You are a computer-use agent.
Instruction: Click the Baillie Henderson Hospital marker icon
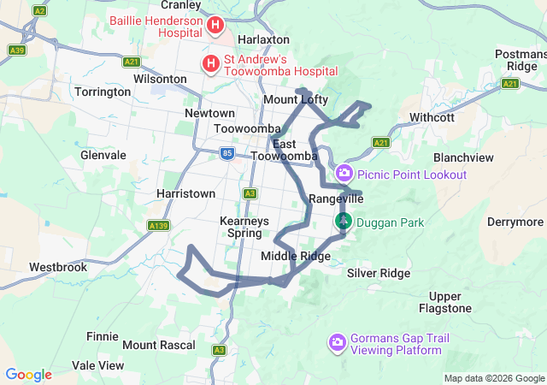(216, 26)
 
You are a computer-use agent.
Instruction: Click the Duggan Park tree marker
(343, 222)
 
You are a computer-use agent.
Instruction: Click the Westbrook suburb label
(58, 267)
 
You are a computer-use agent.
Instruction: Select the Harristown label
(185, 194)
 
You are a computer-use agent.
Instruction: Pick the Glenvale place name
(103, 156)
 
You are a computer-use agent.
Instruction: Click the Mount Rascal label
(159, 346)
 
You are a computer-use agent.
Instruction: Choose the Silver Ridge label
(379, 273)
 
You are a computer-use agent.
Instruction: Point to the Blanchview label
(463, 158)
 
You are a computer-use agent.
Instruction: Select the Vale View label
(98, 365)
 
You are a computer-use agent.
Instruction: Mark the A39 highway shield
(16, 50)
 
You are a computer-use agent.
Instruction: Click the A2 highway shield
(39, 10)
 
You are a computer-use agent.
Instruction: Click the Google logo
(28, 375)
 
